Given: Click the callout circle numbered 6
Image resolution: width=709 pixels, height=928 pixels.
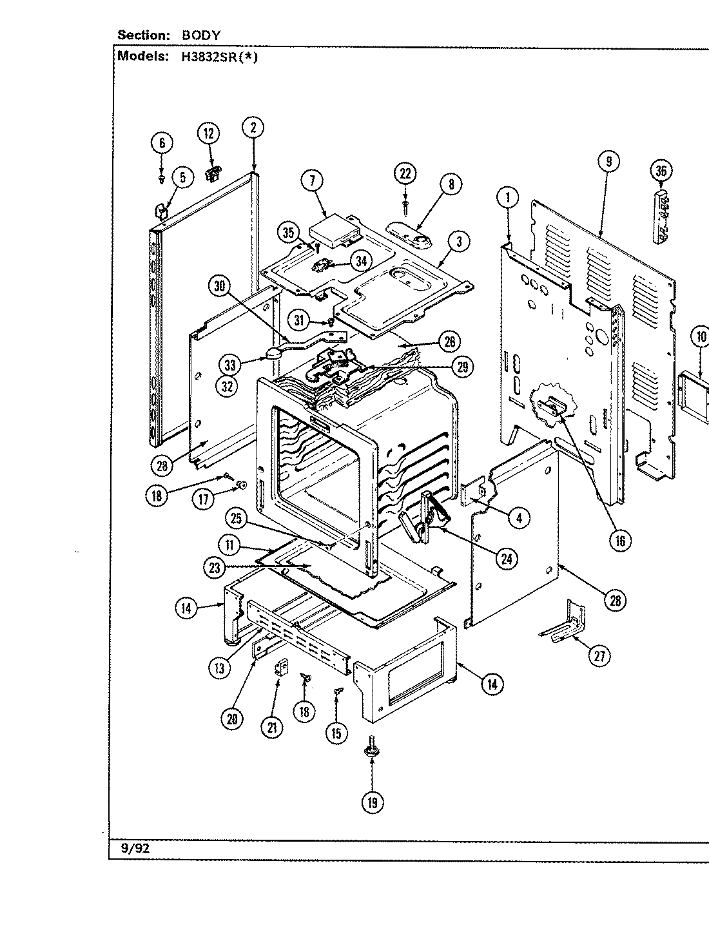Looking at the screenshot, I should pos(162,142).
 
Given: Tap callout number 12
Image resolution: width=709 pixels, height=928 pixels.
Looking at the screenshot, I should pos(208,134).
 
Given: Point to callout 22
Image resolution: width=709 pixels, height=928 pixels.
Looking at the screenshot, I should pos(405,174).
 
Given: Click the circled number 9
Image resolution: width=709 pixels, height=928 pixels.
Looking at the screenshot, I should pos(608,162).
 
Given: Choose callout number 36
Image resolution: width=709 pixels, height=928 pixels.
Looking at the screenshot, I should pos(661,171).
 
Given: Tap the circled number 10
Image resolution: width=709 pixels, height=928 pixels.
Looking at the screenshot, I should pos(701,336).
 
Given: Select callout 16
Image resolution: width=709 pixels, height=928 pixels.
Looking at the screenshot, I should pos(620,541).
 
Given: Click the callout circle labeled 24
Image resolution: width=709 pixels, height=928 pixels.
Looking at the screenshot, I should pos(506,559).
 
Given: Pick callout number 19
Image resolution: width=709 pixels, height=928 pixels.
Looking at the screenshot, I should pos(373,802).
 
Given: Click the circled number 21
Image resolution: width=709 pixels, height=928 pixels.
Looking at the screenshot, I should pos(271,727).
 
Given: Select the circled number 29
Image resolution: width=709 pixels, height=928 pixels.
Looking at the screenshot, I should pos(463,367).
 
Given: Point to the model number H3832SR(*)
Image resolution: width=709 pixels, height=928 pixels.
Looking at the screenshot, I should pos(215,56).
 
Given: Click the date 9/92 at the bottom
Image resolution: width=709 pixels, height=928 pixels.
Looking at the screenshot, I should pos(135,849).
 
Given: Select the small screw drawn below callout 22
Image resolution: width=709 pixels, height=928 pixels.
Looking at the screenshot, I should pos(405,204).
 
